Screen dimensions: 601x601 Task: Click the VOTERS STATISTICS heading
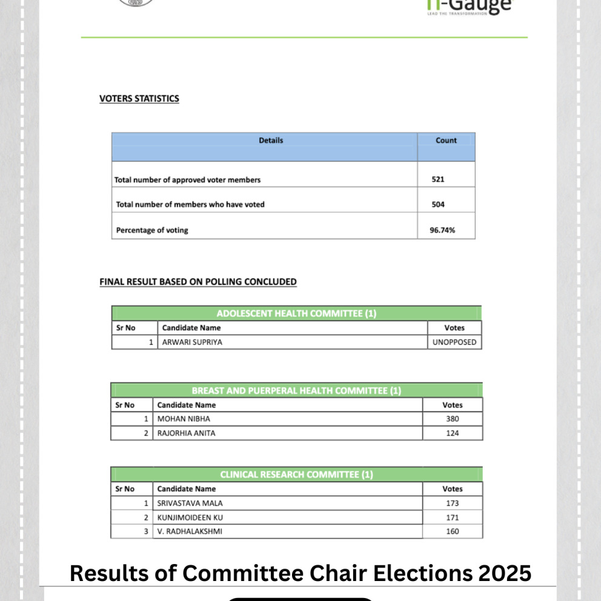tap(139, 99)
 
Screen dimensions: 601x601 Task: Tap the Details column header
tap(271, 141)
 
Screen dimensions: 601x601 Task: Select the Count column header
tap(446, 141)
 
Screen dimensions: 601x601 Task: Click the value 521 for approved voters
tap(438, 180)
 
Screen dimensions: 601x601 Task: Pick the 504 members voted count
tap(438, 205)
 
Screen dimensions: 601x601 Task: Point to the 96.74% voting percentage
tap(442, 230)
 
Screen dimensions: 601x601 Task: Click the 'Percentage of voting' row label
tap(152, 230)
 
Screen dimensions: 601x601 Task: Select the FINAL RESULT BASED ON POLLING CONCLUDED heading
tap(198, 282)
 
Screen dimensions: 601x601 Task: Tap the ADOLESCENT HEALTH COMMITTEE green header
tap(296, 313)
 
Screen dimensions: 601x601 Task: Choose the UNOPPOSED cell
tap(454, 342)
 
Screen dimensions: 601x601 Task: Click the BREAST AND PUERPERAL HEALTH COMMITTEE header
tap(296, 391)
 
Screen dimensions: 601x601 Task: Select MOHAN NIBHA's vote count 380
tap(452, 419)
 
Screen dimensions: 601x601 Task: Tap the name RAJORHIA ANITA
tap(186, 433)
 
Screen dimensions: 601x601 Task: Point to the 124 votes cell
tap(452, 433)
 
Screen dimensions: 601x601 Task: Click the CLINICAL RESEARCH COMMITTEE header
tap(296, 474)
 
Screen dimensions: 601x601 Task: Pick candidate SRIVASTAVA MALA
tap(185, 503)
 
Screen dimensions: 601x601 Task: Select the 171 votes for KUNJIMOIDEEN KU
tap(452, 517)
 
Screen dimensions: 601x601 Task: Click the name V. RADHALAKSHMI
tap(185, 532)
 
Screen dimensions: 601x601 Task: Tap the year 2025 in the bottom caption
tap(499, 573)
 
